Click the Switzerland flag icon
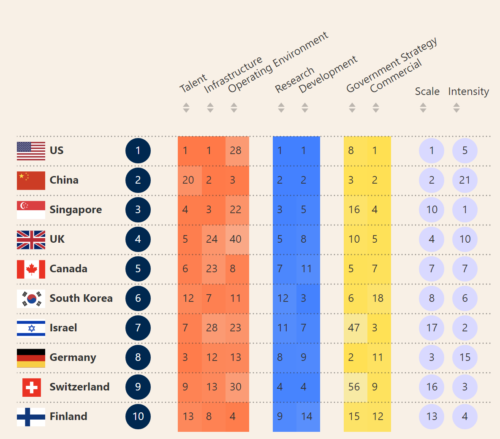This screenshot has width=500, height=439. [31, 387]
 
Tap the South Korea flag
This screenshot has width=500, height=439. [31, 298]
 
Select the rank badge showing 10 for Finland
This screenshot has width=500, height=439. [138, 417]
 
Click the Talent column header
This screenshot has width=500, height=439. [193, 83]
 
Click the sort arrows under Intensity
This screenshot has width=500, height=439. [456, 108]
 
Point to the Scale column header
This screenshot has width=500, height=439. [427, 92]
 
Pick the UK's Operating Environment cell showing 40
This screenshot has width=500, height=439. [236, 239]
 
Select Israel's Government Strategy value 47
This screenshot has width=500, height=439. [354, 328]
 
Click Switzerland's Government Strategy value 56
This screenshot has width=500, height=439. [354, 387]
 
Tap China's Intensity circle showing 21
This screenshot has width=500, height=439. [465, 180]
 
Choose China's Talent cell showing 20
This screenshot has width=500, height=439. [188, 180]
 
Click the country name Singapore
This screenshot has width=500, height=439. [76, 210]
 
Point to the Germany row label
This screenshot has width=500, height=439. [73, 358]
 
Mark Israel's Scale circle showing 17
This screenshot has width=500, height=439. [432, 328]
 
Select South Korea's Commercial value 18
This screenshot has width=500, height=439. [378, 298]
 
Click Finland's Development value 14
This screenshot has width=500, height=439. [307, 417]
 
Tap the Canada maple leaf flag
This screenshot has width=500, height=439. [31, 269]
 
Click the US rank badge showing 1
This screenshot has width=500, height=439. [138, 151]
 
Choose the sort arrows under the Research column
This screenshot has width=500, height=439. [281, 108]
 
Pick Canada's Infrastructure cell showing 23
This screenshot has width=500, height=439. [212, 269]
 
